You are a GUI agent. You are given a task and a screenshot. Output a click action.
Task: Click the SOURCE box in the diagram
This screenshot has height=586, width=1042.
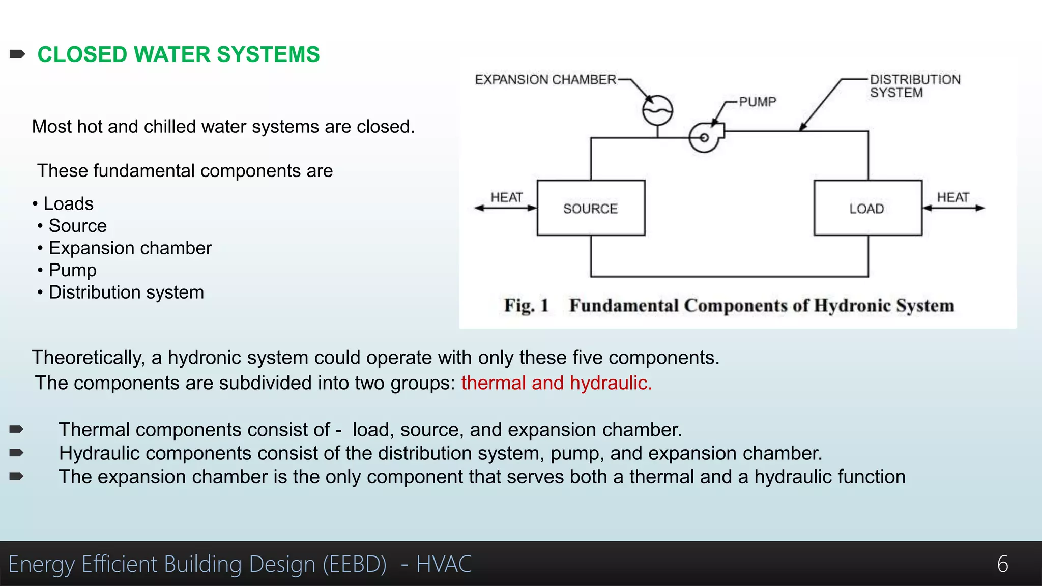(x=591, y=208)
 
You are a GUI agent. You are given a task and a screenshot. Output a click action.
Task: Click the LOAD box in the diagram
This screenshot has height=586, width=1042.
(x=867, y=208)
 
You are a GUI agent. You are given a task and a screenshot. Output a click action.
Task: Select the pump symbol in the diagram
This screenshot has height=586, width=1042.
(x=705, y=137)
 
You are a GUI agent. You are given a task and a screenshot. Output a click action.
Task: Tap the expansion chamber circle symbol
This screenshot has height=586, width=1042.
(x=657, y=110)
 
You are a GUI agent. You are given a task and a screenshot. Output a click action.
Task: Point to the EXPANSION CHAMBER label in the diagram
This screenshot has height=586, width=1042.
(x=545, y=80)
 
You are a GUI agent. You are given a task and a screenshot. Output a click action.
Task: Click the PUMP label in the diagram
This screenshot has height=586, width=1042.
(x=758, y=102)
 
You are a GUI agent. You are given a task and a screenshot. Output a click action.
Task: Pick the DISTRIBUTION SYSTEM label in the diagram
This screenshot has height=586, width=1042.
(x=915, y=86)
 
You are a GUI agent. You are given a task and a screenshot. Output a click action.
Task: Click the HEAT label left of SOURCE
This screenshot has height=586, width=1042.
(x=506, y=197)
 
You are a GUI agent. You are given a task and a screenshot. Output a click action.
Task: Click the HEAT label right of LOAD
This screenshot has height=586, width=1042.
(x=953, y=197)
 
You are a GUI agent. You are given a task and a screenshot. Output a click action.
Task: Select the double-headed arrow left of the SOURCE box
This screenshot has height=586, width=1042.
(x=506, y=208)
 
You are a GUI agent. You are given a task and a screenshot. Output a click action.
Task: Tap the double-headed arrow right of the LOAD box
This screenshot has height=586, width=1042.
(x=953, y=208)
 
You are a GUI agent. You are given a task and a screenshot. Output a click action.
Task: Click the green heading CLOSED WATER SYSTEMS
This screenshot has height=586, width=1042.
(x=179, y=54)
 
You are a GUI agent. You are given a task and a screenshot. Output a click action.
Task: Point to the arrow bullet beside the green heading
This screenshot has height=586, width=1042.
(x=17, y=54)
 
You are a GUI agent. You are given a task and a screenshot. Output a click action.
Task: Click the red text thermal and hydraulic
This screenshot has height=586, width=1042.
(x=557, y=383)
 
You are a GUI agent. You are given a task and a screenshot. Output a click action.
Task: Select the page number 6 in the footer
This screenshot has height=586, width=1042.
(x=1002, y=564)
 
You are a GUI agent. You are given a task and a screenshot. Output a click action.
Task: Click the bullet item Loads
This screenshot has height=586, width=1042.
(x=68, y=204)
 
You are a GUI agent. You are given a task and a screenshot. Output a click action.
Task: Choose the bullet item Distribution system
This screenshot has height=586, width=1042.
(x=126, y=292)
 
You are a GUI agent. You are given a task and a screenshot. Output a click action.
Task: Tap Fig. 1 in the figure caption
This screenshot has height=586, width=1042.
(x=526, y=306)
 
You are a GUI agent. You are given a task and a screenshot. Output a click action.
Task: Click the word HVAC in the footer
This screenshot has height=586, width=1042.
(x=444, y=564)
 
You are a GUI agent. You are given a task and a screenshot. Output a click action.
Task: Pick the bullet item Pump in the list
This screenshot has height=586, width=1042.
(x=72, y=270)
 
